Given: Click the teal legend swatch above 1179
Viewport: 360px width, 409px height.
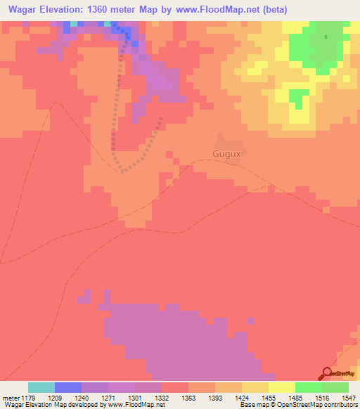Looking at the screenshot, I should coord(41,387).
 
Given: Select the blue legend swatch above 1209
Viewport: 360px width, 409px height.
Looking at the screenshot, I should coord(67,387).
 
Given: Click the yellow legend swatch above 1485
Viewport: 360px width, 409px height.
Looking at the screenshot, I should coord(281,387).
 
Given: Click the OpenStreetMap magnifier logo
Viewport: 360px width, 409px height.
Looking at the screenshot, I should coord(326,373).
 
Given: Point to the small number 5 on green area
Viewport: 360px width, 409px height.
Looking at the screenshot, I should coord(326,37).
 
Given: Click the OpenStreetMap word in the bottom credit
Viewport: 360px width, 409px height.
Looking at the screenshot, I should coord(309,405).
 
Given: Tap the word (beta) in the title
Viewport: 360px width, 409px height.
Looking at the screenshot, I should coord(271,10).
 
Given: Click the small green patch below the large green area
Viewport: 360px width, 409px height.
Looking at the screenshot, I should coord(298,98).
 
